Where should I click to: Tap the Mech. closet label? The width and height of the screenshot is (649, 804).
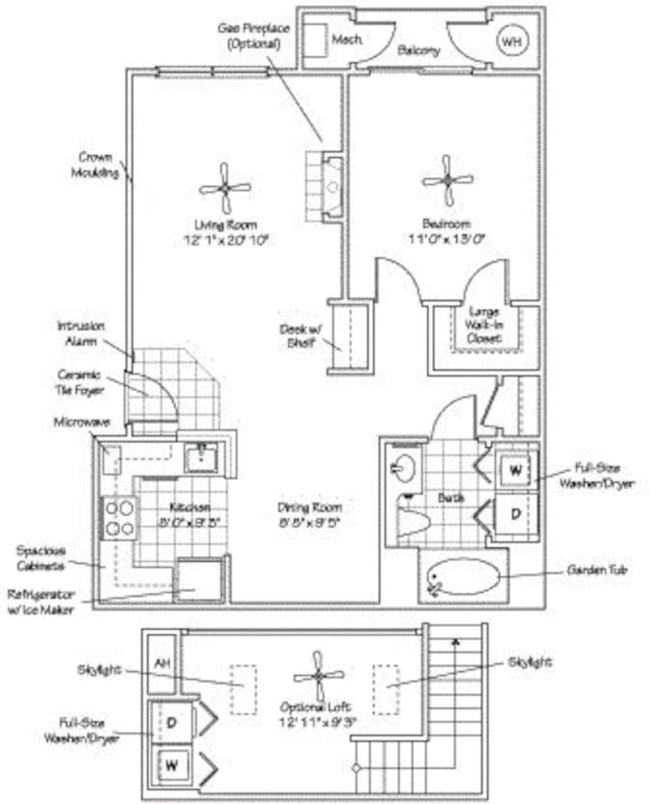click(345, 39)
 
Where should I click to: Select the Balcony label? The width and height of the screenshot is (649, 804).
click(418, 50)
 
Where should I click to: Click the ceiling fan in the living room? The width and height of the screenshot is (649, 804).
click(225, 188)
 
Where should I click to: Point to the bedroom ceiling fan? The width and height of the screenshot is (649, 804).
click(448, 180)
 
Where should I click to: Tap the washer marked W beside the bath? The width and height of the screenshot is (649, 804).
click(515, 471)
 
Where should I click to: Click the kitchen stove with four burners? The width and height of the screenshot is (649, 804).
click(120, 517)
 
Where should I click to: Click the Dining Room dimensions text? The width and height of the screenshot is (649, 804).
click(310, 522)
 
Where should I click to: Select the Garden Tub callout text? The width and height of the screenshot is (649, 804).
click(595, 570)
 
